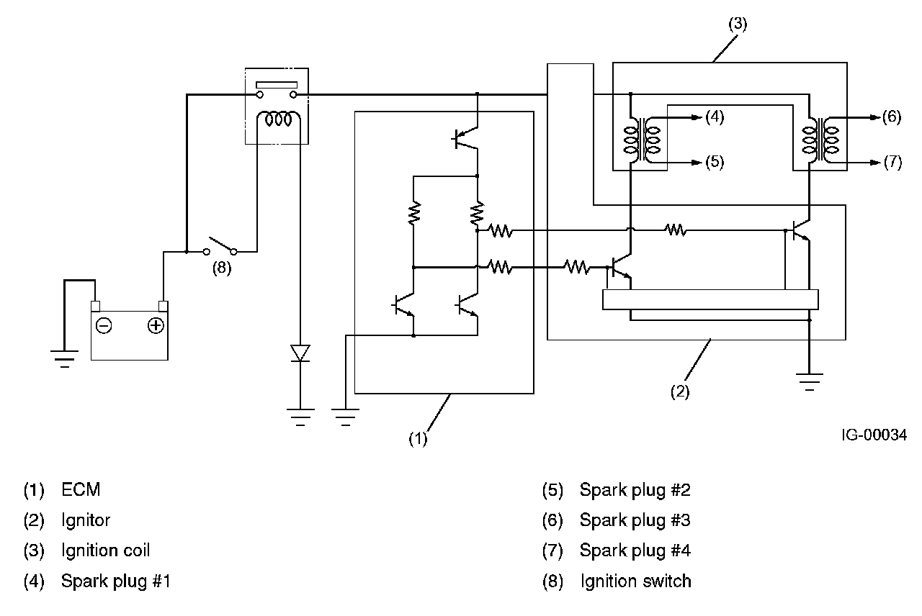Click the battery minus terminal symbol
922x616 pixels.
[104, 326]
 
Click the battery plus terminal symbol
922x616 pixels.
[155, 326]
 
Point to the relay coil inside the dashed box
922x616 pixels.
[277, 120]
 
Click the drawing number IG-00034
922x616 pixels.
[872, 435]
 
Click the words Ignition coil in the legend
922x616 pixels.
[106, 551]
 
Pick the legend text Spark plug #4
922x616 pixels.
[635, 551]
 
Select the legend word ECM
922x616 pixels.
[81, 490]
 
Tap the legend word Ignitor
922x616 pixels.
[86, 520]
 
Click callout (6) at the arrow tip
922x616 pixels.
[892, 117]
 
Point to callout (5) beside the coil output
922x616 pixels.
[714, 162]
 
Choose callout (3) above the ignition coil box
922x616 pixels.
[738, 24]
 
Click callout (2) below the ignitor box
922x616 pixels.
[680, 392]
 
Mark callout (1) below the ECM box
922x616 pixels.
[419, 438]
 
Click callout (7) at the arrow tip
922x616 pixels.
[892, 163]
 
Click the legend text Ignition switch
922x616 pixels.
[636, 581]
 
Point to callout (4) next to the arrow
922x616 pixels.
[714, 117]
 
